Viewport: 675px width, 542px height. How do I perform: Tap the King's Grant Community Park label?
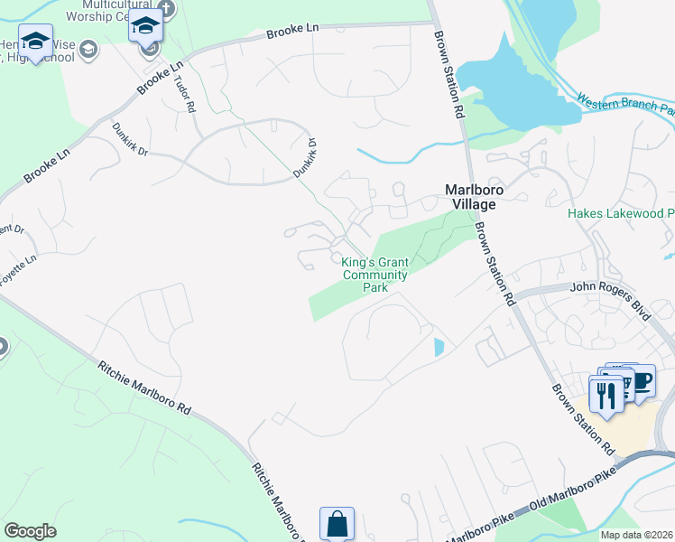point(374,275)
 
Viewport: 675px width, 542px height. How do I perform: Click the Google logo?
point(30,530)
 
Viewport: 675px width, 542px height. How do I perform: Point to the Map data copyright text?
point(637,535)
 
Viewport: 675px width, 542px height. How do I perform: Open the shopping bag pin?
point(337,523)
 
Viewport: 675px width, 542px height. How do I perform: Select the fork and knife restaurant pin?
point(606,394)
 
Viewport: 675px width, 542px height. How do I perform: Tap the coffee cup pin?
point(640,380)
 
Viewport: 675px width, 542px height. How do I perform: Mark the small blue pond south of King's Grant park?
point(439,347)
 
